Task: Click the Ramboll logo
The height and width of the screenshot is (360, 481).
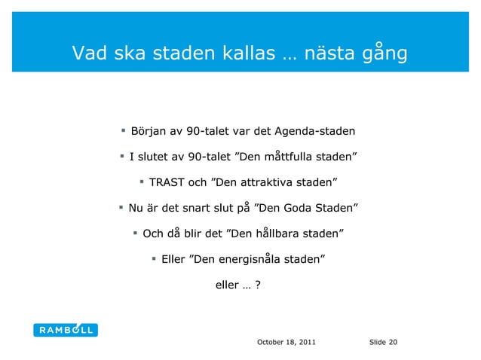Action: pyautogui.click(x=66, y=329)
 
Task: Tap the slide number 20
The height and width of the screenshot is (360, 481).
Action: pyautogui.click(x=393, y=343)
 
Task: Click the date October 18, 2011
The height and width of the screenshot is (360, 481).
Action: pyautogui.click(x=286, y=343)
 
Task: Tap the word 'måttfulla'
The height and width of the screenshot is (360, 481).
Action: pyautogui.click(x=270, y=157)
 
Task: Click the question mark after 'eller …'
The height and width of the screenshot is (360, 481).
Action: pyautogui.click(x=259, y=285)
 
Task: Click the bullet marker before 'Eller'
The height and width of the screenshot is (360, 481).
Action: pyautogui.click(x=154, y=259)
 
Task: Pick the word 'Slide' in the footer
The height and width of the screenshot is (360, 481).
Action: pyautogui.click(x=377, y=343)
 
